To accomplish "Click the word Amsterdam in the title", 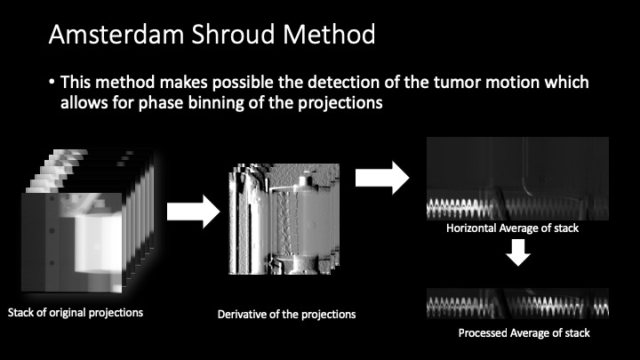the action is pos(116,34).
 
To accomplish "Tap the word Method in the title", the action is pos(329,34).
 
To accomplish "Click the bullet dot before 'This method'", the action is pos(52,82).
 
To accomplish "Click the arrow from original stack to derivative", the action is pos(194,212).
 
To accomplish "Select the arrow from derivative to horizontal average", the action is pos(382,178).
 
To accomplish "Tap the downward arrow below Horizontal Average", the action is pos(518,252).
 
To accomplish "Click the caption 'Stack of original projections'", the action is pos(76,313).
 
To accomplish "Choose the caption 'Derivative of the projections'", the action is pos(286,315).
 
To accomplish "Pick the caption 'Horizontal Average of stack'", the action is pos(512,228).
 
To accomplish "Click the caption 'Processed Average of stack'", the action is pos(524,333).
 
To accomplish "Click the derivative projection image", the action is pos(284,219).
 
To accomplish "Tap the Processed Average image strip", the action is pos(517,304).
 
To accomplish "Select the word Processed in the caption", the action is pos(481,333).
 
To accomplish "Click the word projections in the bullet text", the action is pos(340,103).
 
